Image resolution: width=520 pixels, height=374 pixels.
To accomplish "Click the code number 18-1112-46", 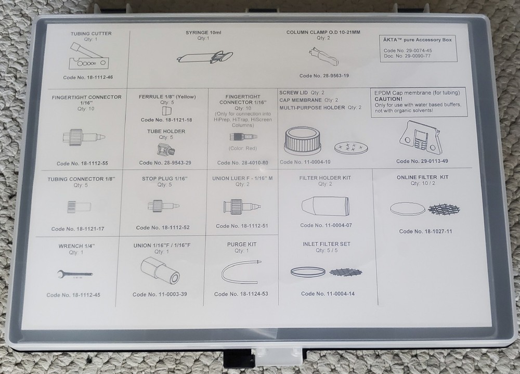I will [x=88, y=76].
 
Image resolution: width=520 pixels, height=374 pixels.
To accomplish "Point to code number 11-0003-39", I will [x=160, y=294].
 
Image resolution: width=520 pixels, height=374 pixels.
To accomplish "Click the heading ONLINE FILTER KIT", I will [x=422, y=177].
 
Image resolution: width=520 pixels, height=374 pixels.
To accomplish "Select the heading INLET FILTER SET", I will [x=326, y=244].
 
